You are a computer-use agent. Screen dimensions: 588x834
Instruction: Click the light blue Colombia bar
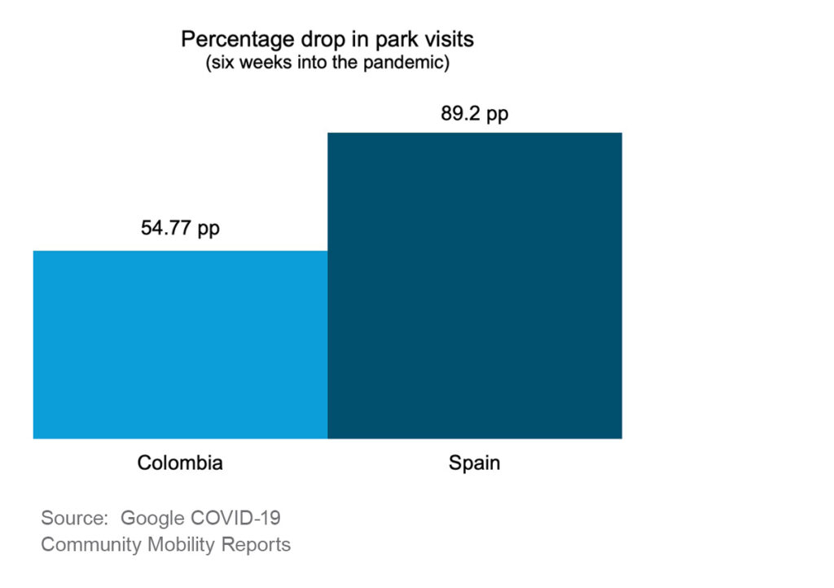point(180,344)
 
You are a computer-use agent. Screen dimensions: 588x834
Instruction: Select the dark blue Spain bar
point(474,285)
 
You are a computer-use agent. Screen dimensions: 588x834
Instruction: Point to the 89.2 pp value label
point(474,114)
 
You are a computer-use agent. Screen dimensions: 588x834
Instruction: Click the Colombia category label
point(180,463)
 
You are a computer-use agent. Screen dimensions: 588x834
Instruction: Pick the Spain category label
point(474,463)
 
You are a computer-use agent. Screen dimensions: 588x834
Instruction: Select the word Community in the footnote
point(91,544)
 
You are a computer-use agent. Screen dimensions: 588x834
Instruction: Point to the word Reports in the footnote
point(257,544)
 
